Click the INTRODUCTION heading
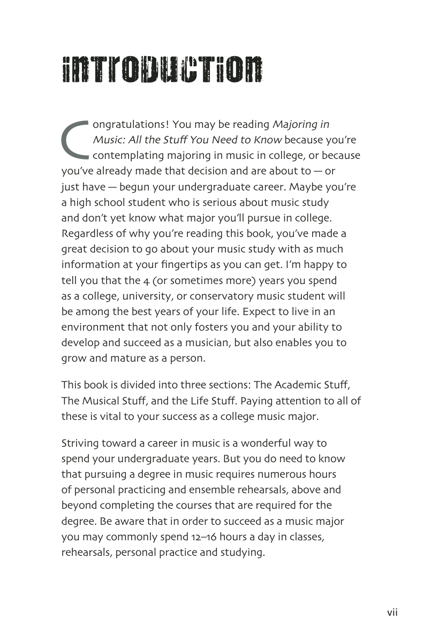pos(163,70)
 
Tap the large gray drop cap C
pos(74,141)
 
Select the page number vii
pos(392,613)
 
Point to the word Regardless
pos(88,234)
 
